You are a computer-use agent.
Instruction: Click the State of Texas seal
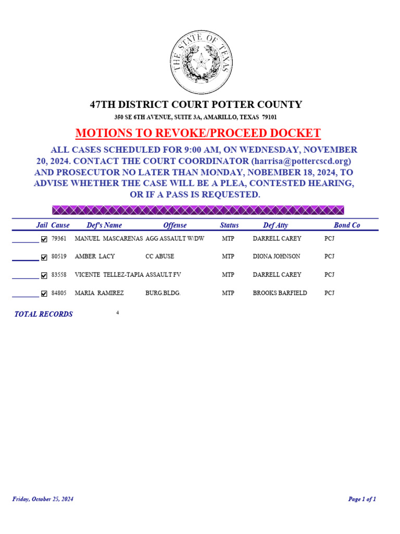pyautogui.click(x=201, y=62)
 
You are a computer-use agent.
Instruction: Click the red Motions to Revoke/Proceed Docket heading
pyautogui.click(x=198, y=133)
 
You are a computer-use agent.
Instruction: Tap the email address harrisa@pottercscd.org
pyautogui.click(x=301, y=161)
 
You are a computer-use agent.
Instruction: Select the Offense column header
pyautogui.click(x=174, y=225)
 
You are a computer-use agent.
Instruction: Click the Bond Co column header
pyautogui.click(x=346, y=225)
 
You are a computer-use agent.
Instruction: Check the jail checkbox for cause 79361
pyautogui.click(x=44, y=239)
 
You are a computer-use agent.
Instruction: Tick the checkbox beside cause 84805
pyautogui.click(x=44, y=294)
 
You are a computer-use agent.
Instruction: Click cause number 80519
pyautogui.click(x=59, y=257)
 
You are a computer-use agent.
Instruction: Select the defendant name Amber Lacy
pyautogui.click(x=95, y=257)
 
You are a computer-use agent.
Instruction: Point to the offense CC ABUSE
pyautogui.click(x=160, y=257)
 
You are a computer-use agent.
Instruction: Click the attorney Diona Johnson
pyautogui.click(x=276, y=257)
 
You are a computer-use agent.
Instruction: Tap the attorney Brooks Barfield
pyautogui.click(x=280, y=293)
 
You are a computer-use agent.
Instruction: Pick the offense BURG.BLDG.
pyautogui.click(x=162, y=293)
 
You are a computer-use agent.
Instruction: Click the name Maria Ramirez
pyautogui.click(x=99, y=293)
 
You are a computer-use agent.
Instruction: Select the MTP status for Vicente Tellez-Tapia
pyautogui.click(x=228, y=275)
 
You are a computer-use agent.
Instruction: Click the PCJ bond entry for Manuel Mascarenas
pyautogui.click(x=329, y=238)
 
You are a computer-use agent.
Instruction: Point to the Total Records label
pyautogui.click(x=43, y=314)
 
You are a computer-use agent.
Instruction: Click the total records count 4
pyautogui.click(x=118, y=313)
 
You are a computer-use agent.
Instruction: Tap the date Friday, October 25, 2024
pyautogui.click(x=43, y=499)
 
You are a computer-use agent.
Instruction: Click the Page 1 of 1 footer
pyautogui.click(x=362, y=499)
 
